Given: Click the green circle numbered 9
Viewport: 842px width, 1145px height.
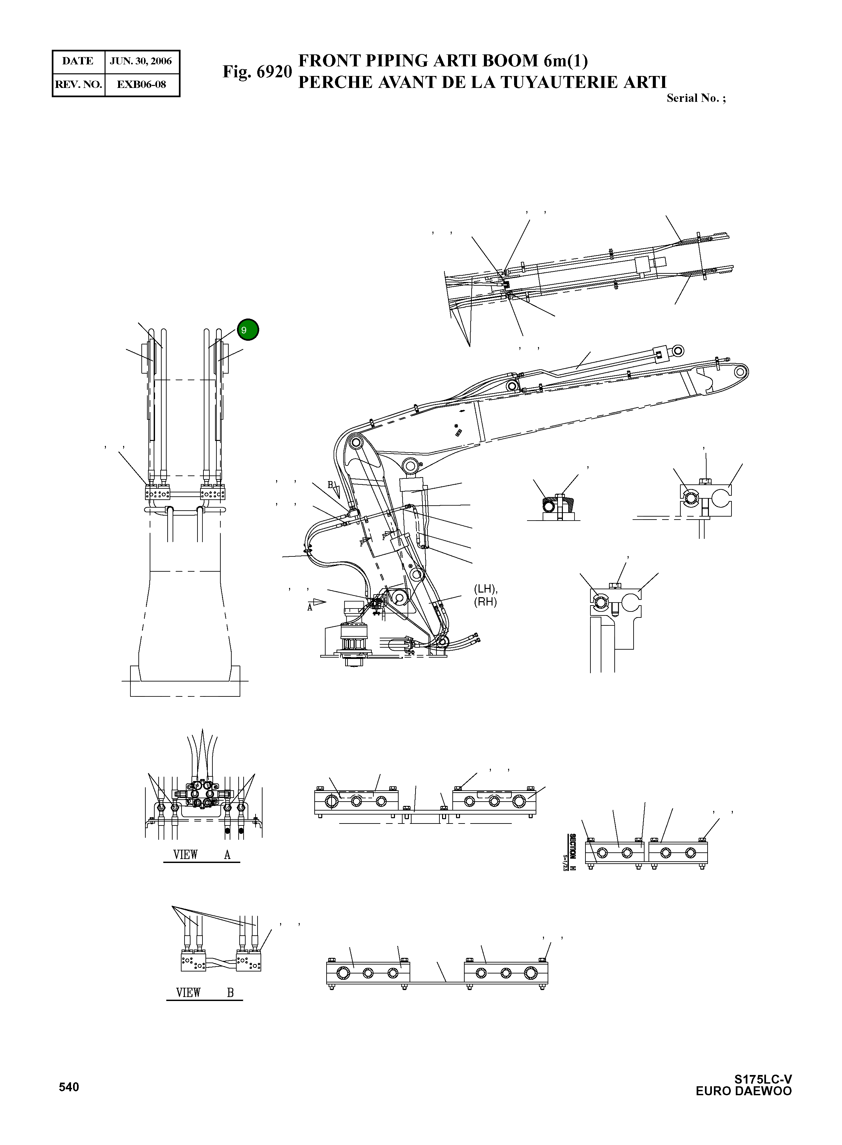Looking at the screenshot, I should click(248, 330).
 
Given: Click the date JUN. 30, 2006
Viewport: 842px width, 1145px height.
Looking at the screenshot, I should click(141, 61).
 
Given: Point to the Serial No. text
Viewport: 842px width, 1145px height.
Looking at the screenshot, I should click(695, 98).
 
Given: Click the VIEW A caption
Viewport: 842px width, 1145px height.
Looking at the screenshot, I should click(201, 855).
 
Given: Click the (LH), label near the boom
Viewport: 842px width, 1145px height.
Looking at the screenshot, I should click(485, 589).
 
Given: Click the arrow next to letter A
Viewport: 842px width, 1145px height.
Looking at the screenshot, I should click(319, 602).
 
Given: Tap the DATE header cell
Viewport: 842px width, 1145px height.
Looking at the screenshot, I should click(77, 61).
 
